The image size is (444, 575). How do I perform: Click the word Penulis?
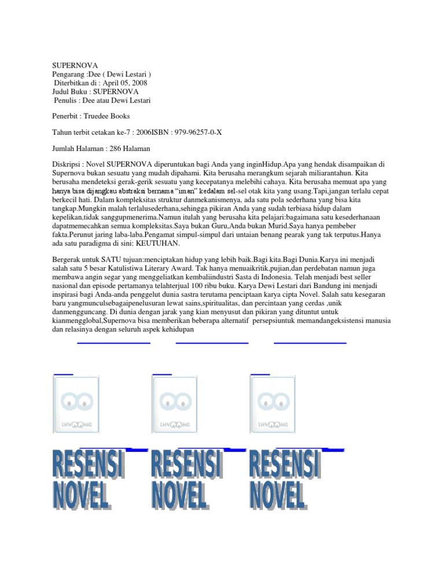[x=68, y=100]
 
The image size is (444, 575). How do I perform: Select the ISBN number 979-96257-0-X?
[x=197, y=132]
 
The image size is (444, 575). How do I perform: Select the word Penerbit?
[x=69, y=116]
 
